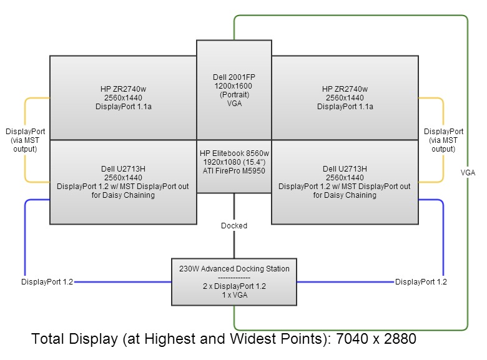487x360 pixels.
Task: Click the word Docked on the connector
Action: click(234, 225)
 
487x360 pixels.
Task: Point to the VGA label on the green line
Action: click(468, 172)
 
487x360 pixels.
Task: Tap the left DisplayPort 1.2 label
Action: click(47, 282)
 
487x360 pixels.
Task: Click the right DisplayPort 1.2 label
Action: click(421, 282)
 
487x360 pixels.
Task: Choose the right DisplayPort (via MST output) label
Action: click(443, 140)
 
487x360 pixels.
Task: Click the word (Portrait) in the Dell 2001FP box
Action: click(234, 95)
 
